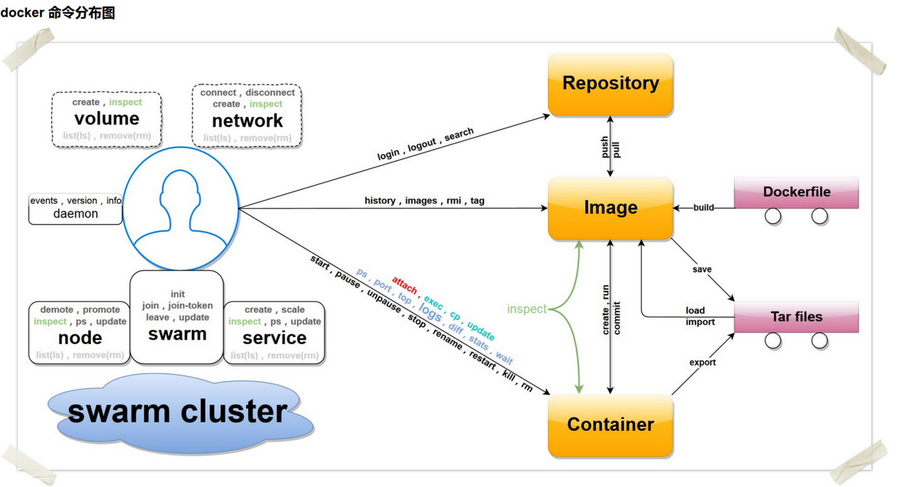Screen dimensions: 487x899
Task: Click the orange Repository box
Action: pos(610,84)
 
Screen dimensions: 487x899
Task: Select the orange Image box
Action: pos(610,208)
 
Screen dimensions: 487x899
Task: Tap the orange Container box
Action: pos(610,425)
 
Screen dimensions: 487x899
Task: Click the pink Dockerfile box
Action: pos(796,192)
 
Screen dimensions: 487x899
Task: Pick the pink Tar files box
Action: pos(796,316)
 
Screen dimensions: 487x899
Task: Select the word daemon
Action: pos(76,213)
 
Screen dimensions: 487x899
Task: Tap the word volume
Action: pos(107,119)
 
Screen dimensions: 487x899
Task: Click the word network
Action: pos(247,121)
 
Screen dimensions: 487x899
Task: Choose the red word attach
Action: pos(404,285)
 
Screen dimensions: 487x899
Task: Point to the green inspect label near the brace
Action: pos(526,309)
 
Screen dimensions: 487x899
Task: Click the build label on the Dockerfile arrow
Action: pos(703,207)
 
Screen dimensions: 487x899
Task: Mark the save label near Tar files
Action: pos(702,269)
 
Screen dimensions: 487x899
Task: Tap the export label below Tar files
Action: pos(703,363)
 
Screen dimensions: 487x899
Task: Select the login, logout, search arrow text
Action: pos(425,144)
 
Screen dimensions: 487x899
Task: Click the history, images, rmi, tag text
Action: pos(424,200)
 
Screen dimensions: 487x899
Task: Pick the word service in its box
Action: pos(274,337)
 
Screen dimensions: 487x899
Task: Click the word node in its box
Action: pos(80,337)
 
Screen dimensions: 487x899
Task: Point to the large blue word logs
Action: pos(430,313)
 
